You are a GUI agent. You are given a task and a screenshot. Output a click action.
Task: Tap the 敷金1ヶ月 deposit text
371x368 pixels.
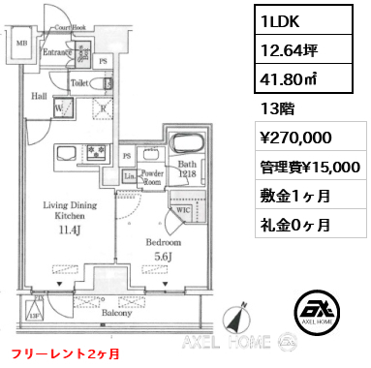293,196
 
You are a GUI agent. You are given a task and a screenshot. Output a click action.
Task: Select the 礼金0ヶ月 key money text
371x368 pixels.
293,225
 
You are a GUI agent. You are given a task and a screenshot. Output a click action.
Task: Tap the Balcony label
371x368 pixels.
118,313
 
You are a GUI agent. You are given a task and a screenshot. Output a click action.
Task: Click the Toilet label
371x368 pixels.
81,84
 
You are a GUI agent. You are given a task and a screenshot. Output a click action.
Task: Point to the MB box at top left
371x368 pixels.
20,43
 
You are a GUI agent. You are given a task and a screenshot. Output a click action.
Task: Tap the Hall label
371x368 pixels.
40,97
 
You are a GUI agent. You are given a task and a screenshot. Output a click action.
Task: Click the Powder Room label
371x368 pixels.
150,178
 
